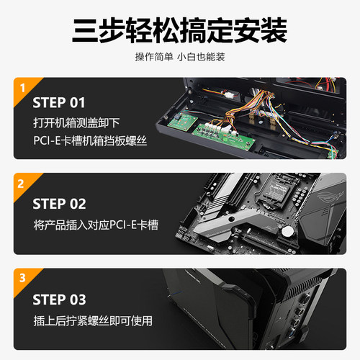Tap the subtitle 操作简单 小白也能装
click(x=179, y=57)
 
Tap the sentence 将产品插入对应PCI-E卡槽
click(x=95, y=225)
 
